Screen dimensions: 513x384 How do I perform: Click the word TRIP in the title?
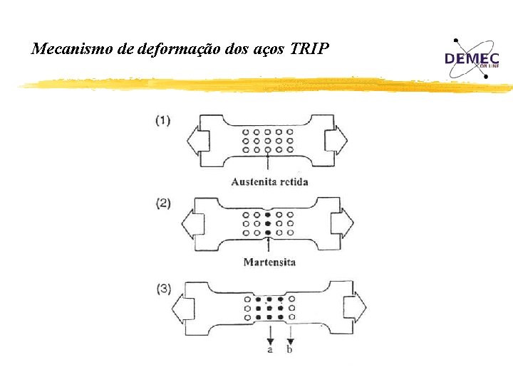310,49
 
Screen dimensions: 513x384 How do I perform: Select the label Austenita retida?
269,181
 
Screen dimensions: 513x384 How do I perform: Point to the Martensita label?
269,262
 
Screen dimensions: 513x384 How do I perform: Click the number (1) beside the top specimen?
163,120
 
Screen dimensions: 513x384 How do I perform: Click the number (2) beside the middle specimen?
163,203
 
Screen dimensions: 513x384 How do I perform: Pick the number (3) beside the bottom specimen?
163,289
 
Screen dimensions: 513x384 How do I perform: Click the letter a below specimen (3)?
270,349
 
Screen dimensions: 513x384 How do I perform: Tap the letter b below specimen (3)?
289,349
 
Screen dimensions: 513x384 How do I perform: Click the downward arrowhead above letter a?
270,340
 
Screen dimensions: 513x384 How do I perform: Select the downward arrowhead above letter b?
289,340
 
